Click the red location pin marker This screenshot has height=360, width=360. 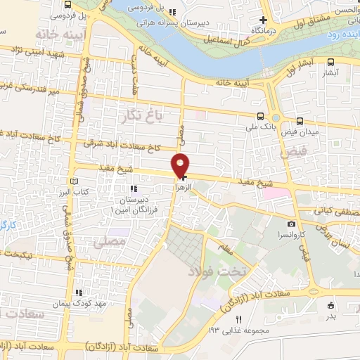coord(181,165)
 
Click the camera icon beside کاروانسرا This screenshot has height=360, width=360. coord(291,224)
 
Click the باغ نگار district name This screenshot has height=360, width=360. coord(140,113)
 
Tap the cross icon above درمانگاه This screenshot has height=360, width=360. coord(263,20)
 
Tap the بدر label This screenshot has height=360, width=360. coord(331,315)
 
